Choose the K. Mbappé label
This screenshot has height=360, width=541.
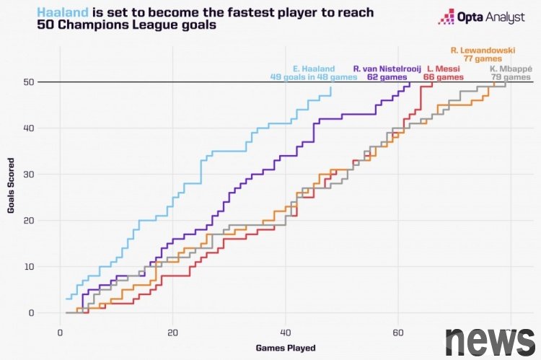pos(511,69)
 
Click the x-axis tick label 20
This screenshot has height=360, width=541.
pos(172,332)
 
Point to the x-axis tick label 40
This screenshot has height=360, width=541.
pos(285,332)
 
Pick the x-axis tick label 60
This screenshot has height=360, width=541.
pos(397,332)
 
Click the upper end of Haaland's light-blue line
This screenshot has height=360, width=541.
pos(331,88)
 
